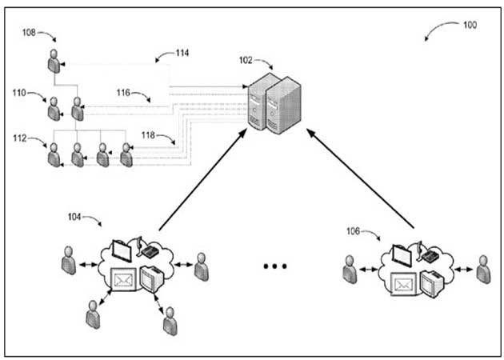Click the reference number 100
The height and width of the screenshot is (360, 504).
470,25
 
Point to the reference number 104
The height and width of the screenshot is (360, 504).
74,216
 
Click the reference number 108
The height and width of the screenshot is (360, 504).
29,33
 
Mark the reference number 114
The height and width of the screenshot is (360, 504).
182,54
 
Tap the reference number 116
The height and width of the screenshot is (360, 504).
123,92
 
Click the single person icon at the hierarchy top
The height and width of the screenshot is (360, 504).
54,61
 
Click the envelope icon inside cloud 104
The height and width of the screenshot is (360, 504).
123,281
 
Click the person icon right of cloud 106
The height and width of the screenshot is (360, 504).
483,268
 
